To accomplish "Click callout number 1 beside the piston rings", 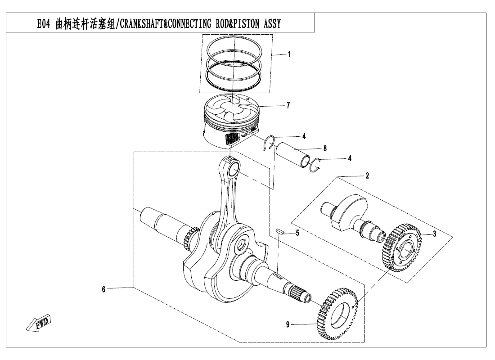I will click(x=289, y=54).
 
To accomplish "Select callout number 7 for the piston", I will click(x=288, y=106).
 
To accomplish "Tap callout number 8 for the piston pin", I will click(x=324, y=148).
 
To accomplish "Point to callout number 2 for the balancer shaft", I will click(x=367, y=176).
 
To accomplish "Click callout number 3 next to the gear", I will click(x=434, y=234).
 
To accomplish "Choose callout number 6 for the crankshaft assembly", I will click(x=103, y=289).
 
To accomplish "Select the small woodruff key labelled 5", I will click(x=279, y=230).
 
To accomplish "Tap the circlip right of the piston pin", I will click(x=317, y=165).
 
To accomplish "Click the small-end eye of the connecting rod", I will click(x=234, y=170).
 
